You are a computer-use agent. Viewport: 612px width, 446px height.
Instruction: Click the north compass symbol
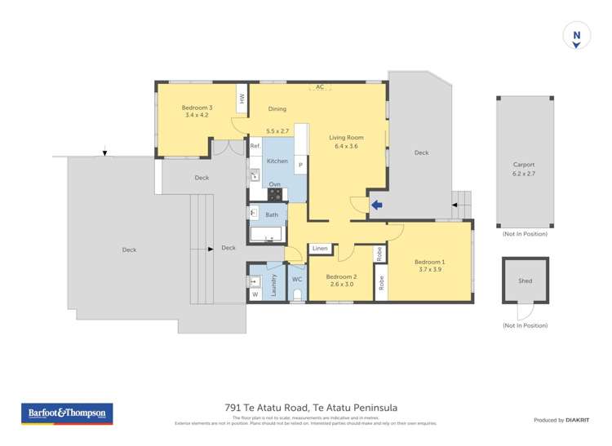point(576,37)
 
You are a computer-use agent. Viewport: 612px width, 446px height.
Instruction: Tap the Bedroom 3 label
point(197,108)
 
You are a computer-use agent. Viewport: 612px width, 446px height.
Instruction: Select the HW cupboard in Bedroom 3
point(242,99)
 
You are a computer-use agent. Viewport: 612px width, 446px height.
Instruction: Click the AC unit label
point(319,86)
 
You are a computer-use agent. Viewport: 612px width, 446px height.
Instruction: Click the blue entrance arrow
point(376,205)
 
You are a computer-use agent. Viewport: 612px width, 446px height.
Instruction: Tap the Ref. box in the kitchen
point(255,146)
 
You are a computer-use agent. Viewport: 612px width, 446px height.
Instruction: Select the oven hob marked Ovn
point(275,193)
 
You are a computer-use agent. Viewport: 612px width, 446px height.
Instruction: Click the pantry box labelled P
point(300,166)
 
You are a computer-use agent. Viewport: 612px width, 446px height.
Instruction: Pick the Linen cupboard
point(320,248)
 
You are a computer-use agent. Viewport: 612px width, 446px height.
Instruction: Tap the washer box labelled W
point(254,294)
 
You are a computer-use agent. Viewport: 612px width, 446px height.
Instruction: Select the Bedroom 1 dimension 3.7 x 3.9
point(431,269)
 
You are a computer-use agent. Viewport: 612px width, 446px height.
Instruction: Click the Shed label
point(525,281)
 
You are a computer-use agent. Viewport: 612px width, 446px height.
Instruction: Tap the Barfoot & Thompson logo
point(67,413)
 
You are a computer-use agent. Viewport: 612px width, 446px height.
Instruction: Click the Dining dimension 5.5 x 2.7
point(278,130)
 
